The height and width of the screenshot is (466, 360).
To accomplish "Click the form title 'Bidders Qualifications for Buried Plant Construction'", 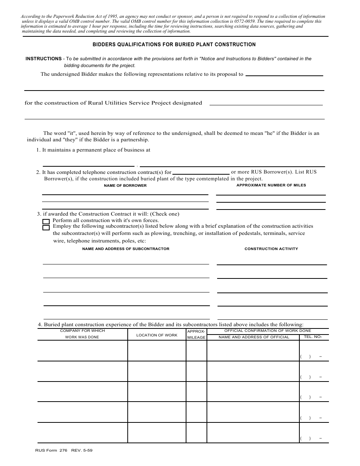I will pyautogui.click(x=174, y=45).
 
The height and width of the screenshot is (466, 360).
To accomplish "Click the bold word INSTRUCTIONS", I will pyautogui.click(x=44, y=59).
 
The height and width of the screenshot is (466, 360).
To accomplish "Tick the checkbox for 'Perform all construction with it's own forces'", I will pyautogui.click(x=46, y=222).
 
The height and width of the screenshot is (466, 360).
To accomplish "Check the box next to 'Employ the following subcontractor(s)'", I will pyautogui.click(x=46, y=228).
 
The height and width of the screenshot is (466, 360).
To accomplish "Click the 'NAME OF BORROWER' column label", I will pyautogui.click(x=125, y=186).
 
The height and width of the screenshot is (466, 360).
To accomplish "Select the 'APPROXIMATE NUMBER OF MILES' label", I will pyautogui.click(x=271, y=185).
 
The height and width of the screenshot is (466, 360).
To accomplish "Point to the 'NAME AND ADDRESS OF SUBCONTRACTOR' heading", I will pyautogui.click(x=126, y=249).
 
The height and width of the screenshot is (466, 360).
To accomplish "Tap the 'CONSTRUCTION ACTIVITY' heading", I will pyautogui.click(x=271, y=249).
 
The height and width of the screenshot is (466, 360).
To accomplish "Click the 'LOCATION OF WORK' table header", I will pyautogui.click(x=157, y=335).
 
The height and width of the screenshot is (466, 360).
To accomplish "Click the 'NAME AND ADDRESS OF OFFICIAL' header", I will pyautogui.click(x=254, y=337).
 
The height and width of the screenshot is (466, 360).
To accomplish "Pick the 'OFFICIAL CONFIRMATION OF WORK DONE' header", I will pyautogui.click(x=268, y=331).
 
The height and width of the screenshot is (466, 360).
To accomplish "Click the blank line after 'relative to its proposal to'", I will pyautogui.click(x=284, y=75).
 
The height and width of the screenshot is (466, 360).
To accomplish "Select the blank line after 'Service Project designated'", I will pyautogui.click(x=266, y=104).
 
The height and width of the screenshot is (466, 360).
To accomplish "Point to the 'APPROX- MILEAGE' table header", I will pyautogui.click(x=196, y=334).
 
